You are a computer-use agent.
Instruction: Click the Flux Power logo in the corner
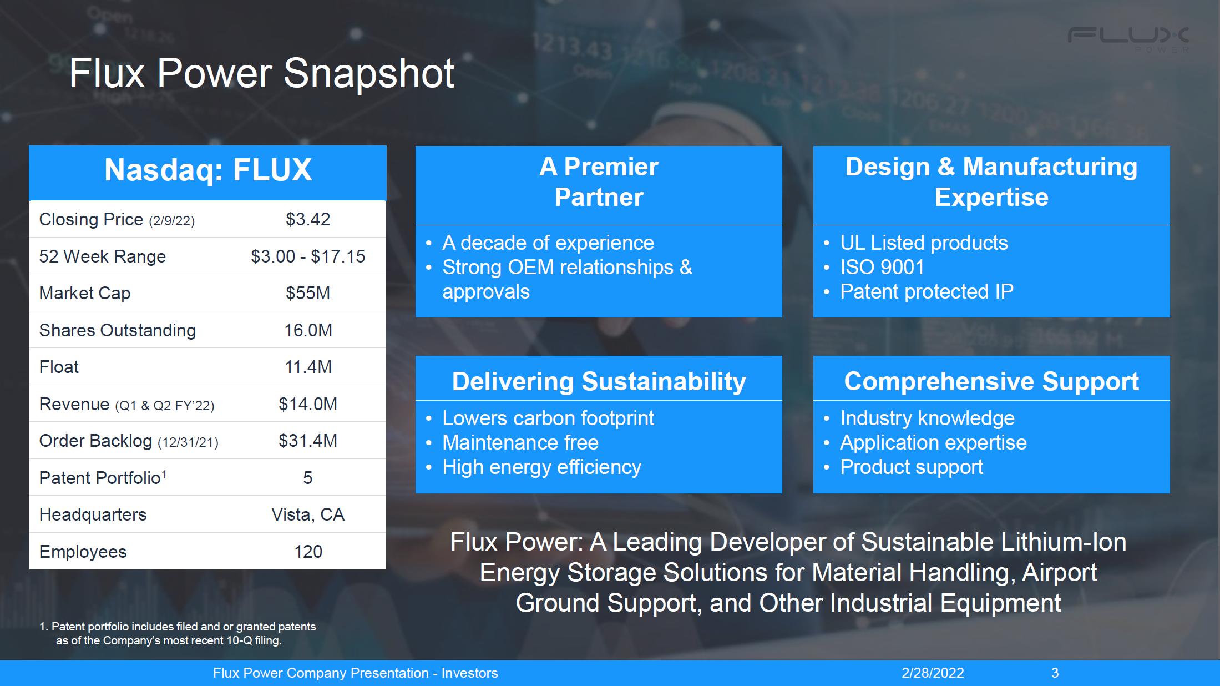click(x=1128, y=39)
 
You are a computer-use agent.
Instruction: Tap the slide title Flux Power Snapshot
click(x=261, y=73)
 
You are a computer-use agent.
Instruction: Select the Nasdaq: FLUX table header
click(x=208, y=170)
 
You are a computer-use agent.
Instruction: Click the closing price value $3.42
click(x=308, y=219)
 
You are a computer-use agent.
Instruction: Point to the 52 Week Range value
click(x=308, y=256)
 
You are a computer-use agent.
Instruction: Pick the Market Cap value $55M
click(x=308, y=293)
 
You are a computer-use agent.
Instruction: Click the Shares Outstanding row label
click(x=118, y=330)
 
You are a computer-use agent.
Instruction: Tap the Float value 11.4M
click(x=308, y=367)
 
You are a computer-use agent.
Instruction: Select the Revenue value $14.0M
click(x=308, y=404)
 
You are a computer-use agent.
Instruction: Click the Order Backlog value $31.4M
click(x=308, y=441)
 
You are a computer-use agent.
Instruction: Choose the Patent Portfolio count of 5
click(x=308, y=478)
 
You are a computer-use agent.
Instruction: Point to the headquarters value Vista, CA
click(x=308, y=515)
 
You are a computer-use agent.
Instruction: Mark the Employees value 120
click(x=308, y=552)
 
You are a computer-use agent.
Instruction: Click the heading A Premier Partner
click(x=599, y=182)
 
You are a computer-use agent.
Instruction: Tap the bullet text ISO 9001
click(x=882, y=267)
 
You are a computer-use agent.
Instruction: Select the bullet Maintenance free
click(x=520, y=442)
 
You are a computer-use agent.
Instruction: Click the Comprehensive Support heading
click(x=991, y=381)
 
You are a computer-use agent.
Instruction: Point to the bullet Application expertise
click(x=933, y=443)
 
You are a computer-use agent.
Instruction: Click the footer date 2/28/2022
click(x=933, y=673)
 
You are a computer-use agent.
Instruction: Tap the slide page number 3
click(x=1055, y=673)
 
